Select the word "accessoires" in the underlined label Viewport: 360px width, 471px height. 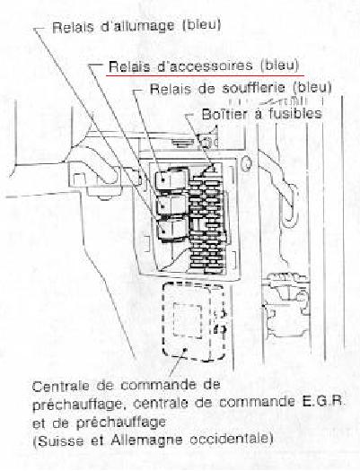(x=205, y=66)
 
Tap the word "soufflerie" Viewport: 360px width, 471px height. (x=254, y=88)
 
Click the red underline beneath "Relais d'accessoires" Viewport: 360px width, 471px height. (x=205, y=75)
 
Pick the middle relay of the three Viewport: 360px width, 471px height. (x=172, y=205)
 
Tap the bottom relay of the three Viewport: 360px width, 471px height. (x=171, y=231)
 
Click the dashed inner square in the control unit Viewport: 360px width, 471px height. (x=188, y=320)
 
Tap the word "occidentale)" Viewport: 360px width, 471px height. (x=232, y=440)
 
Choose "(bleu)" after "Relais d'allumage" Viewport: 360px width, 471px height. (x=202, y=25)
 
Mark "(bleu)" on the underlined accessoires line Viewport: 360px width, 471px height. (x=280, y=65)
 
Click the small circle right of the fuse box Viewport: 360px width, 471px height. (x=246, y=163)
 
